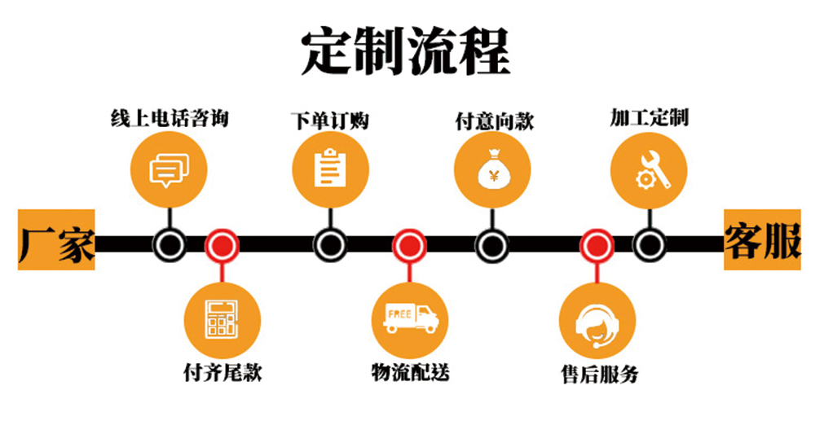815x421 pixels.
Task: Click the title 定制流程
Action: pyautogui.click(x=405, y=50)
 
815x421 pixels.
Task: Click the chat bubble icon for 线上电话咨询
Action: pyautogui.click(x=169, y=169)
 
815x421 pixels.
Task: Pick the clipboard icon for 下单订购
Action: pyautogui.click(x=330, y=169)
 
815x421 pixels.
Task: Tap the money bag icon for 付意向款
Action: pyautogui.click(x=492, y=169)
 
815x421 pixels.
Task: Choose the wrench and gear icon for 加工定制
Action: pyautogui.click(x=650, y=169)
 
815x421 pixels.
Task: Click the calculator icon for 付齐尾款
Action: pyautogui.click(x=222, y=319)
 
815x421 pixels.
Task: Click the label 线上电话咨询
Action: pyautogui.click(x=170, y=119)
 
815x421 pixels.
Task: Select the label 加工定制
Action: pyautogui.click(x=650, y=117)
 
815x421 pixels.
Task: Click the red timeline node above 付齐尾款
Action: pyautogui.click(x=221, y=243)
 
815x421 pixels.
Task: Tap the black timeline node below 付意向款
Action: pyautogui.click(x=491, y=243)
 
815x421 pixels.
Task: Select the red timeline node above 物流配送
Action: pyautogui.click(x=409, y=243)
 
